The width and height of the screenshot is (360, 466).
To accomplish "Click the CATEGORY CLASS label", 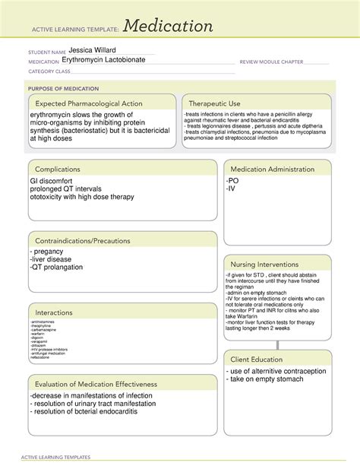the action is click(x=49, y=71).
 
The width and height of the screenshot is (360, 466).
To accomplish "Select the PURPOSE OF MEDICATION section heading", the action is click(x=65, y=88).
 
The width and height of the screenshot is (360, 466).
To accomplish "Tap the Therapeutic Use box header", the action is click(x=214, y=103).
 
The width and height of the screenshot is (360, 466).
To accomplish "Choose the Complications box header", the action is click(x=58, y=169).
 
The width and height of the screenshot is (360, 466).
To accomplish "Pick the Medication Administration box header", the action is click(x=272, y=169).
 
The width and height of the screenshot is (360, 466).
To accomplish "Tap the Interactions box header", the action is click(x=55, y=312).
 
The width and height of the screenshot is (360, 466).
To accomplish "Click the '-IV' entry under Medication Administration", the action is click(x=232, y=189).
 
